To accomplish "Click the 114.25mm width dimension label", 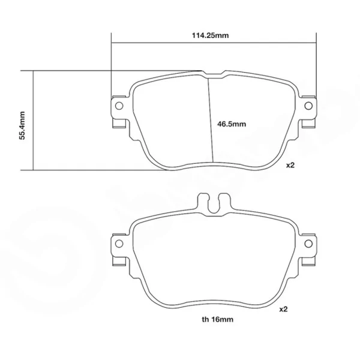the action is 211,35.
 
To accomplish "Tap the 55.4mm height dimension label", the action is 22,125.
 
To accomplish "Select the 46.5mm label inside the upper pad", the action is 232,124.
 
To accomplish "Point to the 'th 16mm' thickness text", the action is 218,319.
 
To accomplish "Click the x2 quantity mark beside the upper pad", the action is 290,165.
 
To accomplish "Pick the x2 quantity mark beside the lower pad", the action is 283,309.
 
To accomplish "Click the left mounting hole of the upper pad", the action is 119,106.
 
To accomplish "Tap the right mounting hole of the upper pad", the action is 308,106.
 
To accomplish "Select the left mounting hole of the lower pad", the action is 119,244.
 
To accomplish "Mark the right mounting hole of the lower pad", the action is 308,244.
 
